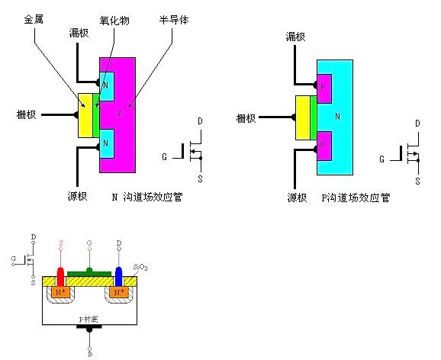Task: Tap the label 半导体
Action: [x=169, y=18]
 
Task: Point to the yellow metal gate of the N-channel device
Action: [x=84, y=116]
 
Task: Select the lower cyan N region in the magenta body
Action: [x=107, y=143]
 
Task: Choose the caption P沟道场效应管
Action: [x=356, y=197]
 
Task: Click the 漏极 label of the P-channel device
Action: [x=295, y=36]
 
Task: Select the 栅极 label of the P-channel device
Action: [x=246, y=117]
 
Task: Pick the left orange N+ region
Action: [x=60, y=291]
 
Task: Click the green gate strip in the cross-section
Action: [x=90, y=272]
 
